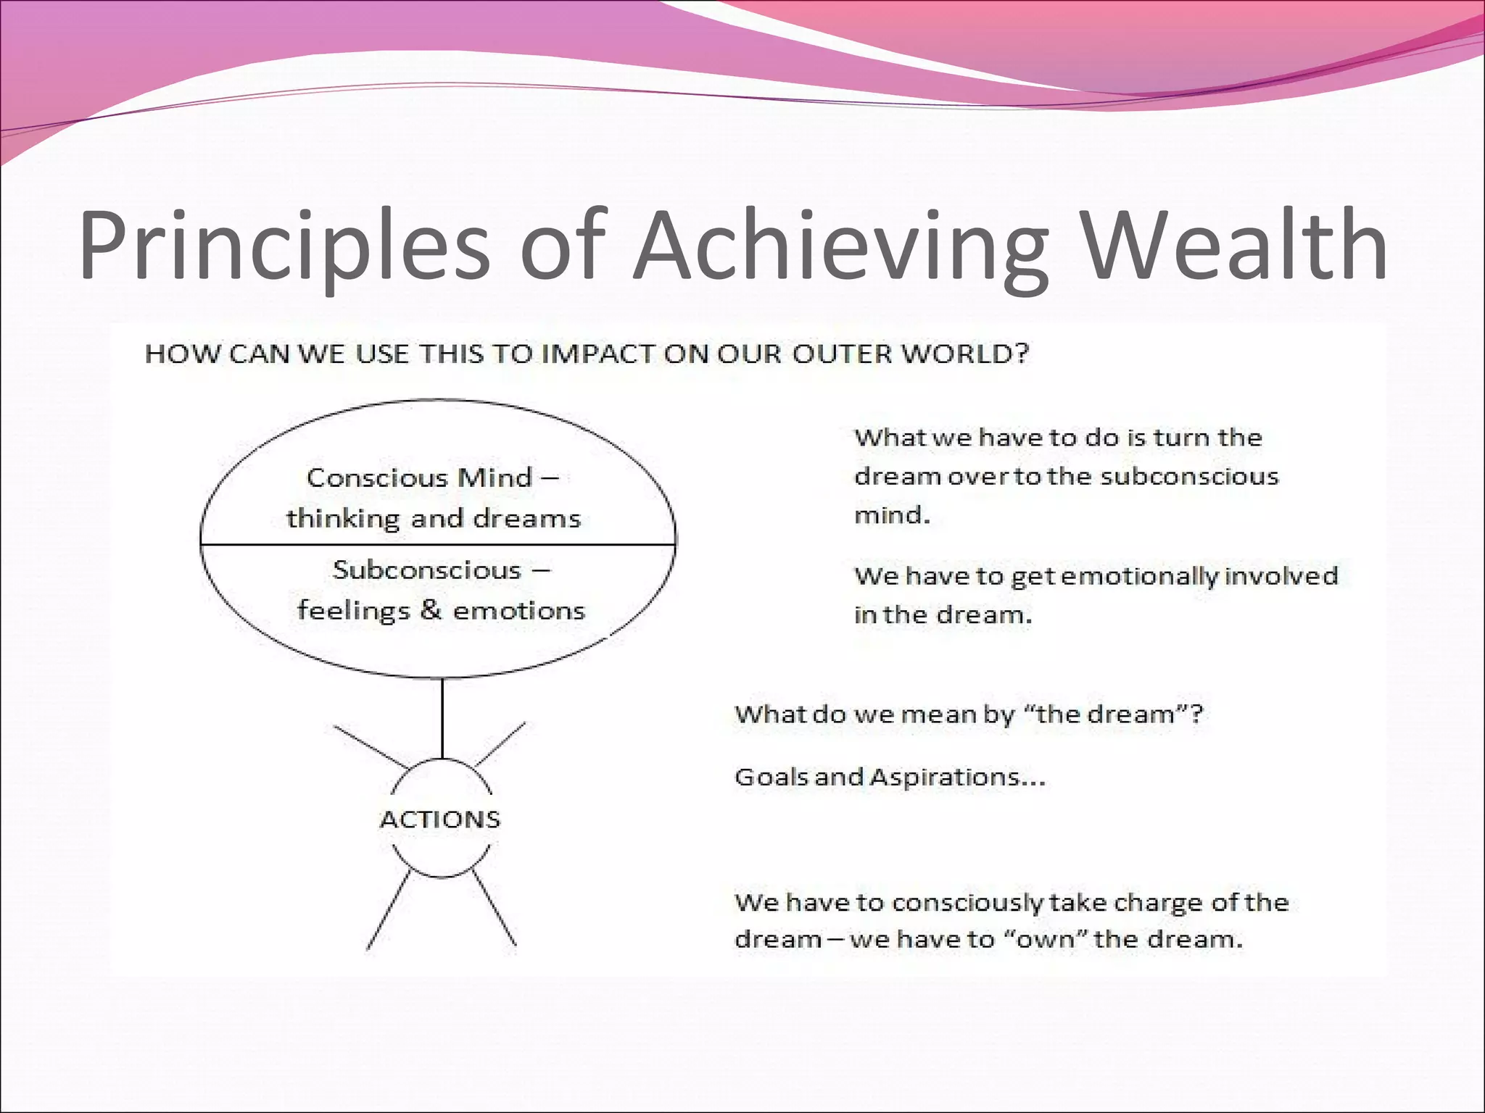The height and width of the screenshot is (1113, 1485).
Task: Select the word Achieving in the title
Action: (841, 246)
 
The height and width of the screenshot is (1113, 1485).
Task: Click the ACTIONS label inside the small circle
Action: (440, 820)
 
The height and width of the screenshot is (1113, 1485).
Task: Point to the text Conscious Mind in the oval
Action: (419, 478)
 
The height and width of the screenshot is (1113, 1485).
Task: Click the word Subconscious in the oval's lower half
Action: (427, 570)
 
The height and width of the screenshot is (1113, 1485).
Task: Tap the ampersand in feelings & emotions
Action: (430, 609)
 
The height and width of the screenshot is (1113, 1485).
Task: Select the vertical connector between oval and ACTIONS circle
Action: (442, 717)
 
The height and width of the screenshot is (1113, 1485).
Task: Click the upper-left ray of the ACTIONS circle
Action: (370, 746)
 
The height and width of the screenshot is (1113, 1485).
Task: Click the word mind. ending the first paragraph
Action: (891, 515)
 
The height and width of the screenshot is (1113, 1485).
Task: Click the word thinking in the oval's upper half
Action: (342, 519)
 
